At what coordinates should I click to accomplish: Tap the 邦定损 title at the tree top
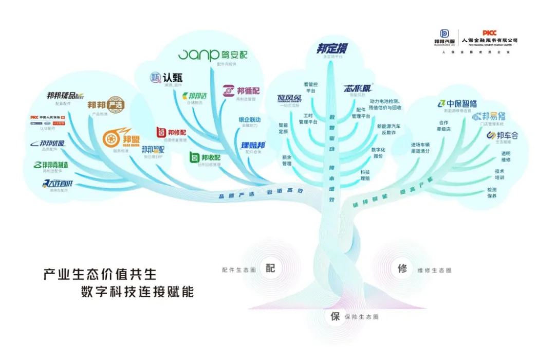pyautogui.click(x=331, y=49)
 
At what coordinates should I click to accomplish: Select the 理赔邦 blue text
pyautogui.click(x=253, y=145)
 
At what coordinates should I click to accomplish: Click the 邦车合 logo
pyautogui.click(x=503, y=136)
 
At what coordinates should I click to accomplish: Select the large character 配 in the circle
pyautogui.click(x=271, y=268)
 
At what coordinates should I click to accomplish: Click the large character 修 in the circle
pyautogui.click(x=402, y=268)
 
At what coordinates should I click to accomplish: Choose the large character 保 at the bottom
pyautogui.click(x=335, y=316)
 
